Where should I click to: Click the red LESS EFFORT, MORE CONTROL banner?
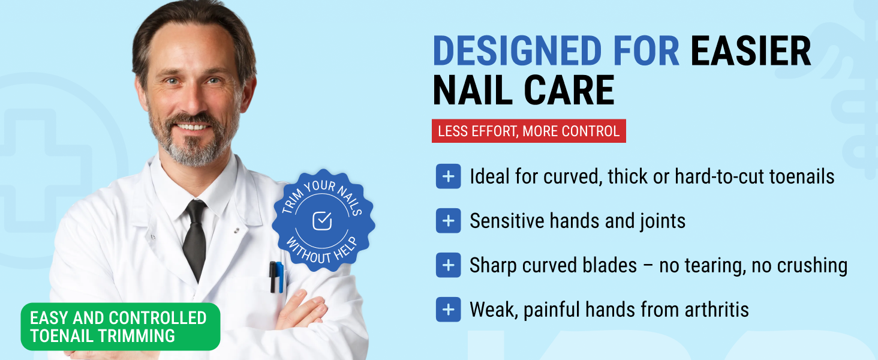[x=528, y=131]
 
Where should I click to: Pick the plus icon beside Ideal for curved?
[x=448, y=176]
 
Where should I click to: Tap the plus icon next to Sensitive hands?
[x=448, y=221]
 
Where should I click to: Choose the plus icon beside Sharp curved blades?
[x=448, y=265]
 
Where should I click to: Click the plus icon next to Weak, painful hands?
[x=448, y=310]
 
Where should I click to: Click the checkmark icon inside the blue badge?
[x=323, y=221]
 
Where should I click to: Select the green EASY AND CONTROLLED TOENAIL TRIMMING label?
[x=120, y=327]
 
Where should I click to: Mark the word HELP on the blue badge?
[x=346, y=248]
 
